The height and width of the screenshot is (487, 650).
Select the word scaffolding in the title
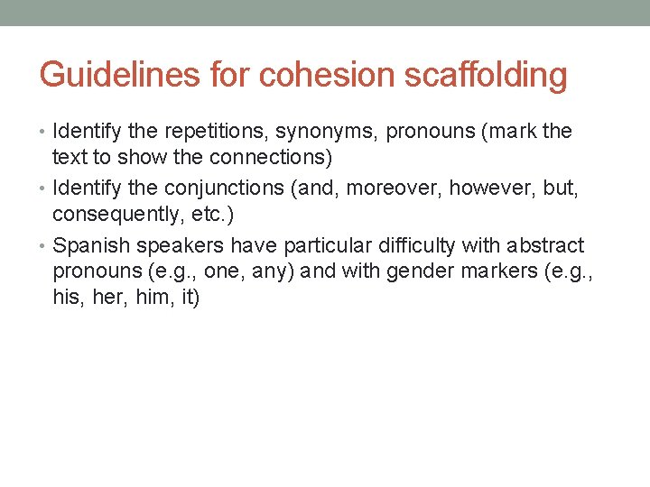coord(487,75)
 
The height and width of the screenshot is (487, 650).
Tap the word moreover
coord(396,188)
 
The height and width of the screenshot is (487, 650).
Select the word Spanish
coord(92,245)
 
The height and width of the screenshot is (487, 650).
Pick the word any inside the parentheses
coord(268,271)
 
